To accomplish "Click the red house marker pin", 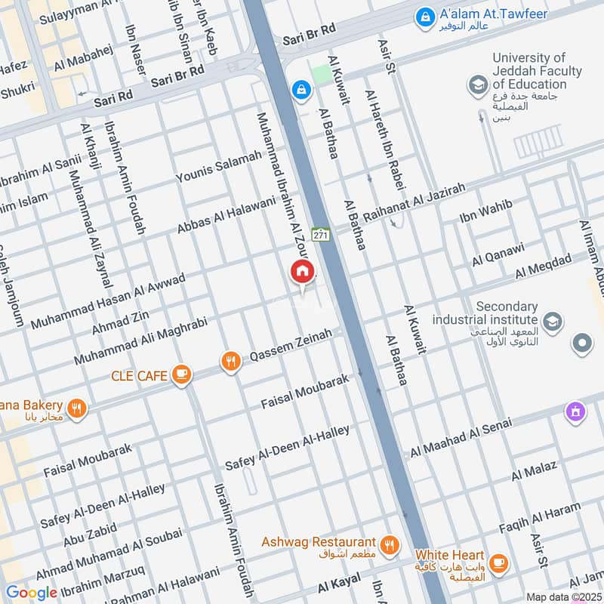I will click(x=302, y=273).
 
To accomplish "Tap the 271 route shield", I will click(x=321, y=235).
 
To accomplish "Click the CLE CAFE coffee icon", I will click(x=180, y=374).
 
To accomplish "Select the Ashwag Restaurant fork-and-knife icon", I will click(x=390, y=544).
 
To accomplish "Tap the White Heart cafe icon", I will click(x=498, y=563).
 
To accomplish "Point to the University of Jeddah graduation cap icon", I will click(x=477, y=85).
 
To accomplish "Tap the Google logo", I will click(x=31, y=593).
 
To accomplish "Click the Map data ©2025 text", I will click(x=562, y=596).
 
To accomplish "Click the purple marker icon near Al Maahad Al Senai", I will click(x=575, y=411).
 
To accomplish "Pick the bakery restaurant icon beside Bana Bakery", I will click(x=75, y=410).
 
